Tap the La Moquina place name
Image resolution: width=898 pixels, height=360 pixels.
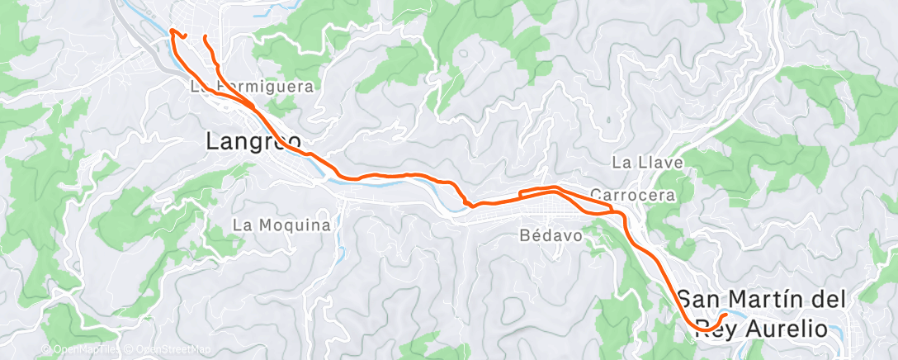tap(281, 225)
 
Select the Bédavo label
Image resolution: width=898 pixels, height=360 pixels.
tap(552, 235)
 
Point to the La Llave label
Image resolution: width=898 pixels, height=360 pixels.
tap(648, 163)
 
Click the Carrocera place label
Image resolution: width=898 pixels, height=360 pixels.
tap(633, 196)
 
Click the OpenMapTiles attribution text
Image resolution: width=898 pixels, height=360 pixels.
tap(79, 349)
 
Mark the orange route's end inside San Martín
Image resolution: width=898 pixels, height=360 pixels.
tap(725, 315)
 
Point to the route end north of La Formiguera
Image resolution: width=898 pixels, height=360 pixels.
tap(203, 37)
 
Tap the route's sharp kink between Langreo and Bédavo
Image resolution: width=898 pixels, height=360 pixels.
tap(467, 202)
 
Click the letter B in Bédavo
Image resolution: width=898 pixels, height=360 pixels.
tap(526, 235)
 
